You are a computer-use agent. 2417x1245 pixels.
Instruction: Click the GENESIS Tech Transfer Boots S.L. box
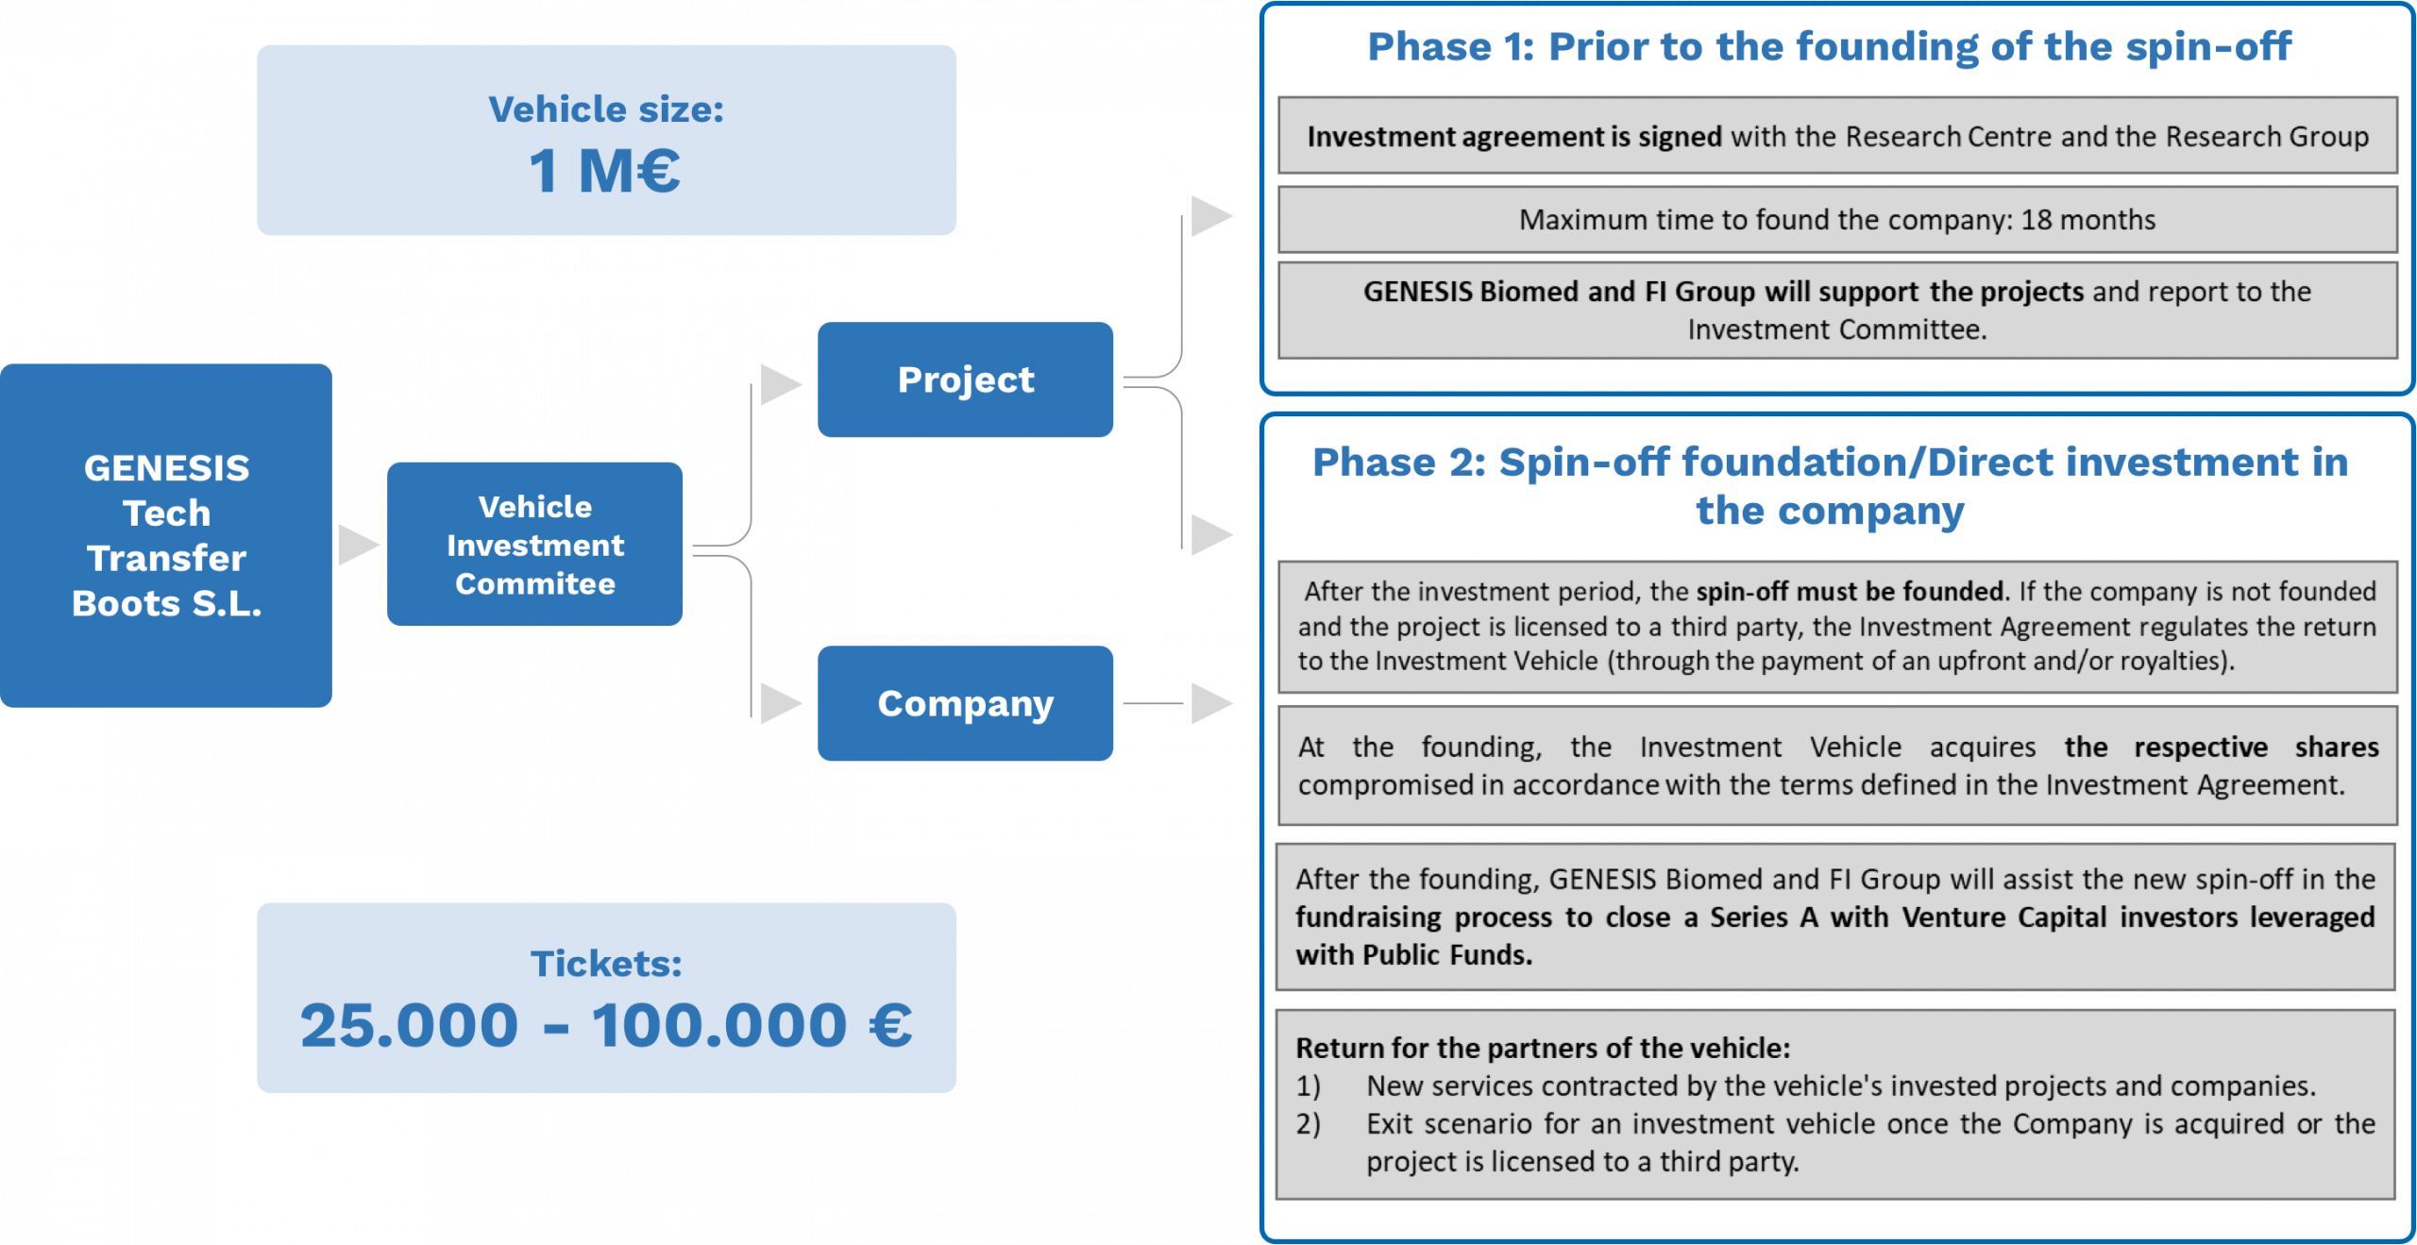tap(166, 535)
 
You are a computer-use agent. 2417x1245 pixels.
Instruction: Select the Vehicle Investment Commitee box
tap(534, 545)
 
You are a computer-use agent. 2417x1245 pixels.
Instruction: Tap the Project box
tap(965, 379)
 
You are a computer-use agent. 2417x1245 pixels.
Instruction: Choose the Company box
tap(965, 703)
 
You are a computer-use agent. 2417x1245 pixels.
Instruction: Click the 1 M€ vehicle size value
tap(604, 171)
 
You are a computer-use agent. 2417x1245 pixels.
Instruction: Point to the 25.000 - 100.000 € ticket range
tap(606, 1025)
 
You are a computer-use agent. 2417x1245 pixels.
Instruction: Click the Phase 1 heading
tap(1829, 46)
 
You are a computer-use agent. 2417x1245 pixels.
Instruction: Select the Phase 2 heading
tap(1829, 486)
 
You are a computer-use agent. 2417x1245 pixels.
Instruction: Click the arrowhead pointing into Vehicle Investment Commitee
tap(357, 545)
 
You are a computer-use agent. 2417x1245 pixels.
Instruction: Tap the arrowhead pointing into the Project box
tap(780, 384)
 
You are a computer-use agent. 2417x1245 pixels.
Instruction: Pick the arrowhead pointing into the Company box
tap(780, 703)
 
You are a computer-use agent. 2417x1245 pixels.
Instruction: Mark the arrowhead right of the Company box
tap(1210, 703)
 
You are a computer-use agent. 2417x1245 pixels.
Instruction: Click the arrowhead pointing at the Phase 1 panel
tap(1210, 216)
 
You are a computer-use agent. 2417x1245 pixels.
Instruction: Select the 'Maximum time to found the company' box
tap(1836, 220)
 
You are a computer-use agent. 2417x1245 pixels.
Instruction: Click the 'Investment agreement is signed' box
tap(1836, 136)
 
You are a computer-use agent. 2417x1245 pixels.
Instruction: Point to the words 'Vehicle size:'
tap(606, 109)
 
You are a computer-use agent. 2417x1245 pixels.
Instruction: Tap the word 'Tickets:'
tap(606, 964)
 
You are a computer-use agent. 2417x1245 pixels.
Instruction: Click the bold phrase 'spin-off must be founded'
tap(1849, 592)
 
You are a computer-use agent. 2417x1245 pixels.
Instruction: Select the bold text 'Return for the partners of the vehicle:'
tap(1542, 1048)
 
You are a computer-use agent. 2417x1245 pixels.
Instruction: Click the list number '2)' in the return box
tap(1308, 1124)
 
